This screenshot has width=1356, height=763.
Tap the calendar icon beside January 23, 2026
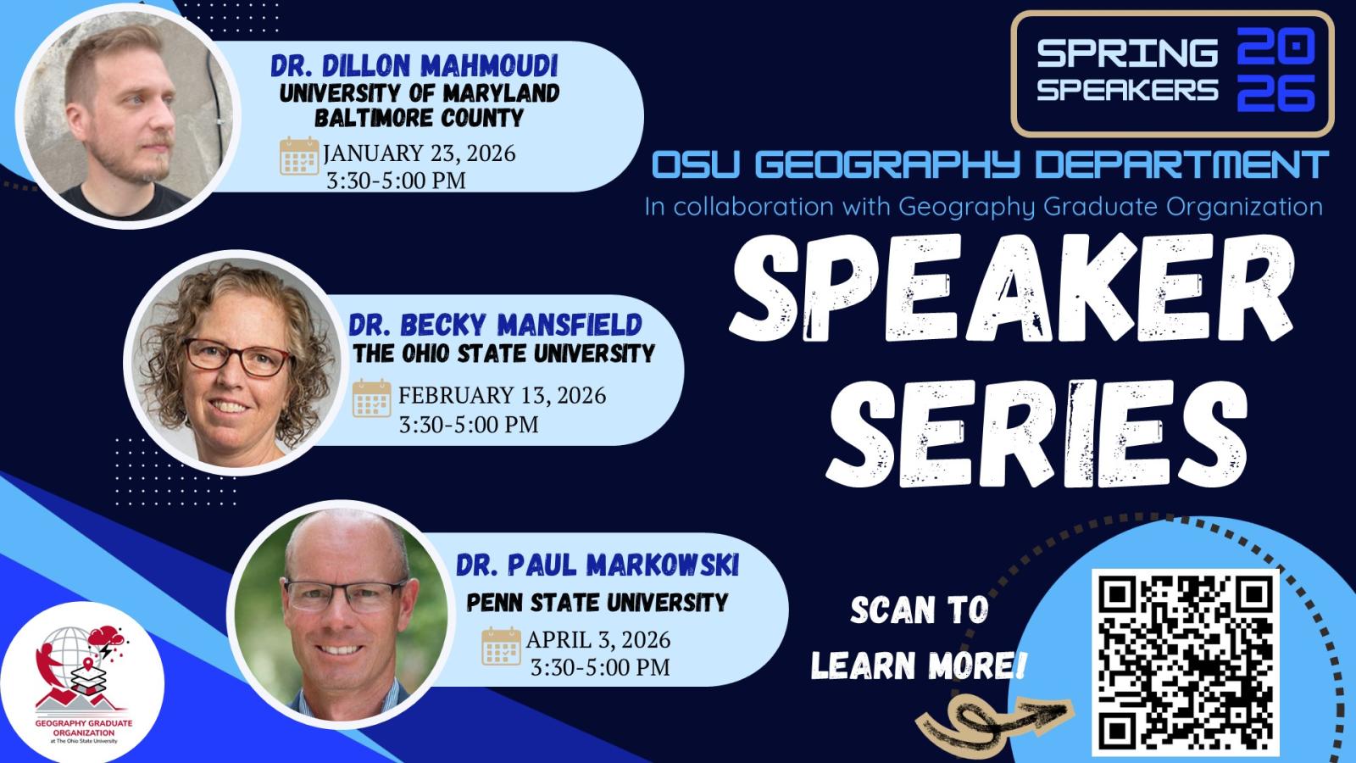coord(299,155)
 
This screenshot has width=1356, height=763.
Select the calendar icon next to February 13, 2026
coord(371,398)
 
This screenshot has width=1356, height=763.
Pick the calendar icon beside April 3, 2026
coord(501,645)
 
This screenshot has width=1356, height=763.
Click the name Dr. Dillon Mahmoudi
coord(414,66)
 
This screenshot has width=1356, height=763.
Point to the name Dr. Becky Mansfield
coord(495,324)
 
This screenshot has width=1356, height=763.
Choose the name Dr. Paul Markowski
coord(597,565)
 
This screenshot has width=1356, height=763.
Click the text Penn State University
coord(597,603)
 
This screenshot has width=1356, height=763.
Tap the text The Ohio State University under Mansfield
coord(504,353)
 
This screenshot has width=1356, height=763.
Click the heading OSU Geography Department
coord(990,165)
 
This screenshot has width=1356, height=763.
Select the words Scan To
coord(919,610)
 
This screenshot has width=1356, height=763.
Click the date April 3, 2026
coord(598,639)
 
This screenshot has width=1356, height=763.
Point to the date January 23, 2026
coord(420,153)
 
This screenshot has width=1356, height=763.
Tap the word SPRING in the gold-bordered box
coord(1127,53)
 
